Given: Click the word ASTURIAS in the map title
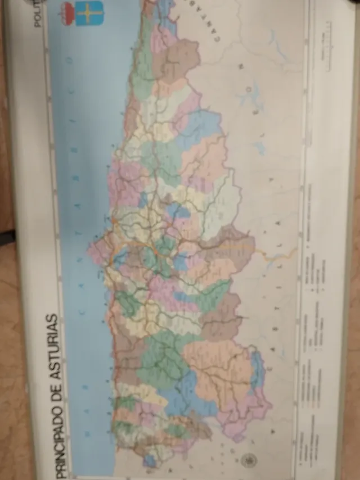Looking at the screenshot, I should click(x=52, y=343).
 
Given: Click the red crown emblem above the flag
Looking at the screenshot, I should click(x=67, y=12).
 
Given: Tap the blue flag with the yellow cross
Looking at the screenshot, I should click(x=89, y=13).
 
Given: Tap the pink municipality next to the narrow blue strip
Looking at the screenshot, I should click(x=247, y=410).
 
